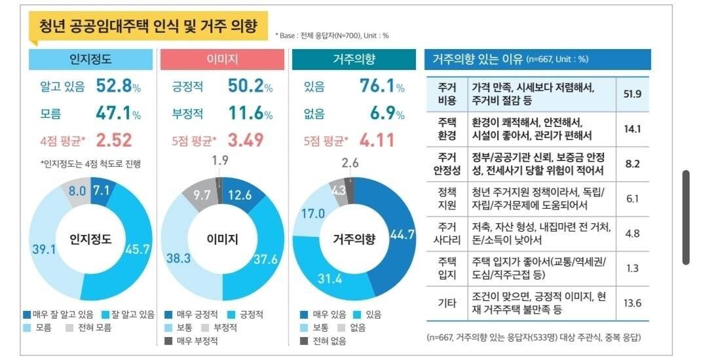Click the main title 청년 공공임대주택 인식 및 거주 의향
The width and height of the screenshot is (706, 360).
tap(148, 26)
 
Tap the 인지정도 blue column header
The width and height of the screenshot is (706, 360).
tap(90, 60)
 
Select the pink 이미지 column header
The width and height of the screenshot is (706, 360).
tap(222, 60)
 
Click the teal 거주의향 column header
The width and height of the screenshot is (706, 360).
tap(353, 60)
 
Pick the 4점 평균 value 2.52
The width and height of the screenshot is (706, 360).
tap(114, 140)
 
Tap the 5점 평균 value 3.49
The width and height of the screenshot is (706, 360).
tap(246, 140)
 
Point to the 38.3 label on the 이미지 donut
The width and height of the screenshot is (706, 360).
tap(177, 259)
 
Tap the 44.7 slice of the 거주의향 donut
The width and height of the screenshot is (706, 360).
tap(401, 234)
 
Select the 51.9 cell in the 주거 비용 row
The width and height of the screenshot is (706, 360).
tap(632, 94)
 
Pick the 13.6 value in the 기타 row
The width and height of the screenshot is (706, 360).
tap(632, 303)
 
